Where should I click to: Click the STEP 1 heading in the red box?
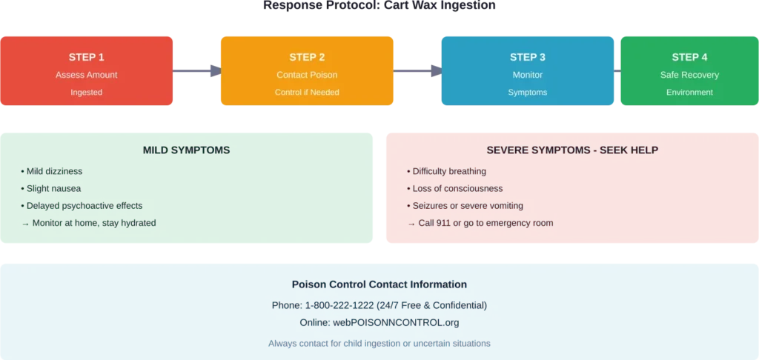coord(87,57)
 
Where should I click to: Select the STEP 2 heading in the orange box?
coord(307,57)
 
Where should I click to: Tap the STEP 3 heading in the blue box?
coord(528,57)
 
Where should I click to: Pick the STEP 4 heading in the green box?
coord(689,57)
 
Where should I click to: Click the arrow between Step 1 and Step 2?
coord(198,71)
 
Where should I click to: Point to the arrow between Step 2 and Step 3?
coord(417,71)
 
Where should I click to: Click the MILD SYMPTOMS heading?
coord(186,150)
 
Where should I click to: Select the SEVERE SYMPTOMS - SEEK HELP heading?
coord(572,150)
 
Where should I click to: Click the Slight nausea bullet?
coord(51,189)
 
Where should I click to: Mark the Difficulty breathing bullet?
coord(447,171)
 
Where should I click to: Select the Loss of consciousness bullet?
coord(455,189)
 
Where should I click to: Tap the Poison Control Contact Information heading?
coord(379,284)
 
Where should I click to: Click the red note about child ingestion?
coord(379,344)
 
